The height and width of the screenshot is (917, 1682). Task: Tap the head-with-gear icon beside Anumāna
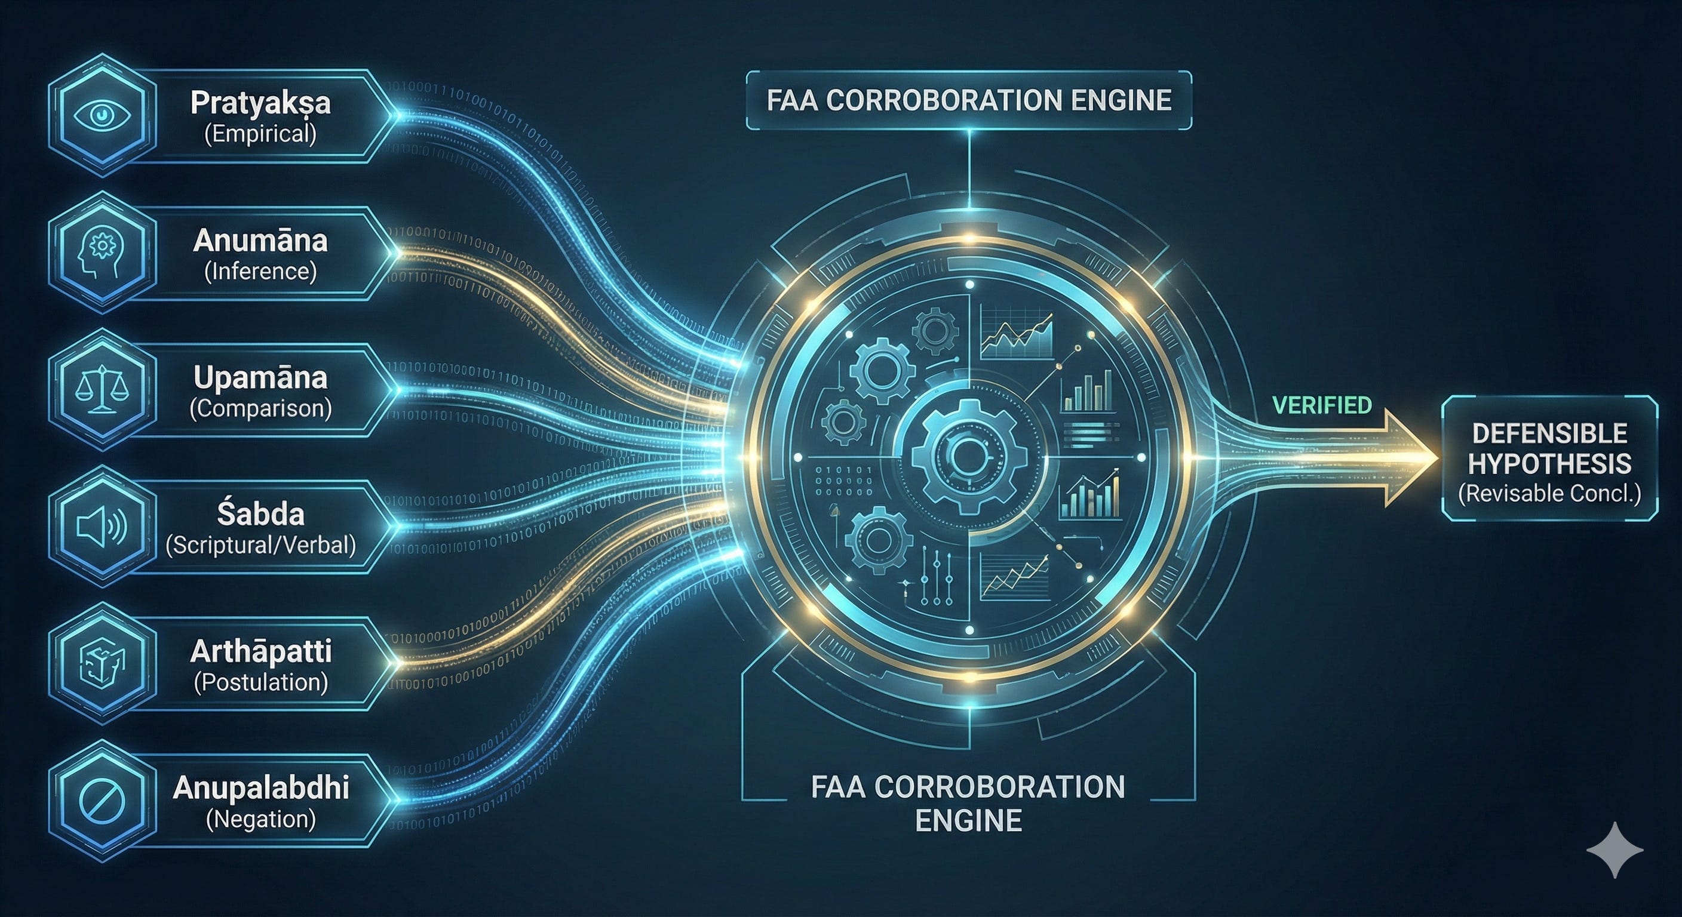(102, 253)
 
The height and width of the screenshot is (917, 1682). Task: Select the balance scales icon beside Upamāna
(102, 390)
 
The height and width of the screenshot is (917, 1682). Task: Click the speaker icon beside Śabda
(102, 527)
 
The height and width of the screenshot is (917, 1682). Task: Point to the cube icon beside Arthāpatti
(102, 664)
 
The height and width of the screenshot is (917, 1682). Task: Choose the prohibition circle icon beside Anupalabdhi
(102, 801)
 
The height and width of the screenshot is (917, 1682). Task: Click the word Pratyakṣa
(260, 103)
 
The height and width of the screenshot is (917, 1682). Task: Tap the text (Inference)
(260, 271)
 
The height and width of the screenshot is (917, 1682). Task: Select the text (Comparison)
(260, 408)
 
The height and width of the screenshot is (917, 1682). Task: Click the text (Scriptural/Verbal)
(260, 544)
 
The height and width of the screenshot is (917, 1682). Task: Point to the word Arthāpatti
(260, 651)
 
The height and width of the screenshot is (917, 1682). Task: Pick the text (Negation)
(260, 818)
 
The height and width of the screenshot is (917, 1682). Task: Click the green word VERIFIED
(1322, 405)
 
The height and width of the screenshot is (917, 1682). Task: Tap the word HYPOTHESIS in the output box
(1549, 463)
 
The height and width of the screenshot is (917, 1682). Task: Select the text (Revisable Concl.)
(1549, 493)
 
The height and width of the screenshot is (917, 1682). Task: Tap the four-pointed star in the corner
(1615, 849)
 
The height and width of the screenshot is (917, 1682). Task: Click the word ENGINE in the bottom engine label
(968, 820)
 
